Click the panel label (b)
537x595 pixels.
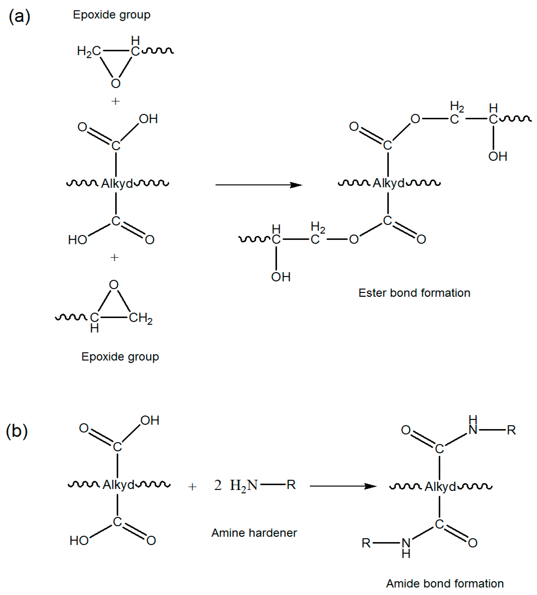tap(17, 431)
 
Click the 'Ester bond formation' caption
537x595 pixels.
tap(414, 293)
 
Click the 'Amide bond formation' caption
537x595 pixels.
tap(445, 584)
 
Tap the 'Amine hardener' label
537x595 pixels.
tap(254, 533)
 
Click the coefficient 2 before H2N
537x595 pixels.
tap(218, 485)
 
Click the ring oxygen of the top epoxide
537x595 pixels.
tap(116, 83)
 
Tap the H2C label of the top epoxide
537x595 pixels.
tap(88, 51)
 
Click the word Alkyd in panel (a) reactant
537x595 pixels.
tap(117, 184)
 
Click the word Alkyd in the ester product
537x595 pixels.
tap(389, 183)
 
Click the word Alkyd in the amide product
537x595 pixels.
tap(440, 487)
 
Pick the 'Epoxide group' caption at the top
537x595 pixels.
tap(112, 15)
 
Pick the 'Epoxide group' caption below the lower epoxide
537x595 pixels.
tap(120, 357)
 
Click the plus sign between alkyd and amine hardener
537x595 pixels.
tap(192, 487)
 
